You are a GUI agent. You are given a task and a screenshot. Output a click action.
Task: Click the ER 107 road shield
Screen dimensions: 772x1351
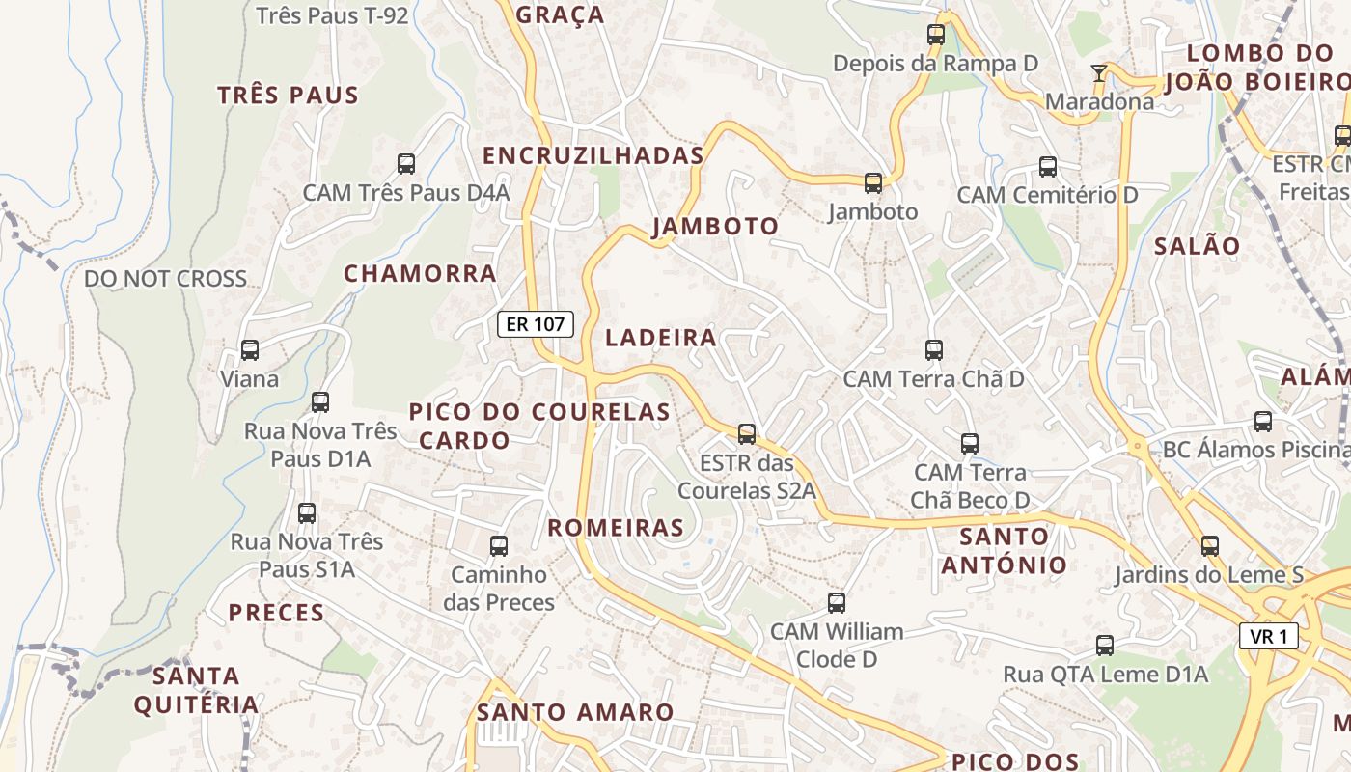click(x=536, y=324)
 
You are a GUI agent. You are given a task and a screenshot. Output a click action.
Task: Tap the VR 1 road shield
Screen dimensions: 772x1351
click(x=1268, y=636)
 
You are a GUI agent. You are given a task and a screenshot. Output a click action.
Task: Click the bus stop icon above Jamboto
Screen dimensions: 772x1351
click(x=873, y=182)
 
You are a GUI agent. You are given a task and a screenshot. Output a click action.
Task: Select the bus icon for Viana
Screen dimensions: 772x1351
click(x=250, y=350)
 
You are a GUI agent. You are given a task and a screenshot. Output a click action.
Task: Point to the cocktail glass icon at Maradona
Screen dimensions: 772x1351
click(x=1098, y=72)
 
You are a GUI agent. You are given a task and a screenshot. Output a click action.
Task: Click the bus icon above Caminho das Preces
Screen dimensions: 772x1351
click(x=499, y=546)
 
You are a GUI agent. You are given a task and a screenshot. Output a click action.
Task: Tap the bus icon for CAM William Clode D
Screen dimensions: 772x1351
click(x=837, y=603)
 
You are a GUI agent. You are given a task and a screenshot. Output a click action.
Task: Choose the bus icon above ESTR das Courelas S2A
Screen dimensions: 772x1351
click(x=747, y=434)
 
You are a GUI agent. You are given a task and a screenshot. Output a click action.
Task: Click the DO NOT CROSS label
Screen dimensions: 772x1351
click(x=166, y=279)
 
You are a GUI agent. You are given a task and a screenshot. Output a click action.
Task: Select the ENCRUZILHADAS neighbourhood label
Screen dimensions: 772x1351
click(x=593, y=155)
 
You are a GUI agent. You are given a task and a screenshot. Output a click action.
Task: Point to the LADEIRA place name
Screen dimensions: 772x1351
click(x=661, y=338)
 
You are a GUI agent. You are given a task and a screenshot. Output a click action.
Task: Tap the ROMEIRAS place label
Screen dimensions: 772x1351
click(x=616, y=528)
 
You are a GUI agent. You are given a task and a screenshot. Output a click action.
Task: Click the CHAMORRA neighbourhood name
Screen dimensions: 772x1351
click(x=420, y=273)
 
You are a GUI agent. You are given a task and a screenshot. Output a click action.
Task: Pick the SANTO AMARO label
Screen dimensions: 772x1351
click(x=575, y=713)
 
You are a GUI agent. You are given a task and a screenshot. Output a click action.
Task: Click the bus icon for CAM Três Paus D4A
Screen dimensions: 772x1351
click(x=406, y=164)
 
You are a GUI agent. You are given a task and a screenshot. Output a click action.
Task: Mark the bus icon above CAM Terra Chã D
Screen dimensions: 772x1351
click(x=933, y=350)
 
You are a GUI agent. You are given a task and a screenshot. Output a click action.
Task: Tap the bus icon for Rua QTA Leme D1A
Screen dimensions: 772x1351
click(x=1105, y=646)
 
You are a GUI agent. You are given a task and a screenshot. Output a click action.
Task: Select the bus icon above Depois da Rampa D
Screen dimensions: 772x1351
click(x=935, y=35)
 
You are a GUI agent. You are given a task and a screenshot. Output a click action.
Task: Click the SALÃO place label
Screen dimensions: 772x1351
click(x=1197, y=246)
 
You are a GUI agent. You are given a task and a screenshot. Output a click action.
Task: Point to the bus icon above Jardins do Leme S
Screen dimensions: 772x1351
click(x=1210, y=546)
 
